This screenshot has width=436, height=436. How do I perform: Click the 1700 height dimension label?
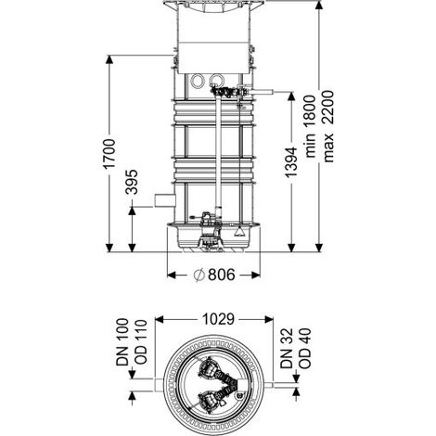[x=109, y=154]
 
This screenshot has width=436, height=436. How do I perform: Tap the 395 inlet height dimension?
[x=132, y=182]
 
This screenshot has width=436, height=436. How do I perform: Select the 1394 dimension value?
[x=291, y=162]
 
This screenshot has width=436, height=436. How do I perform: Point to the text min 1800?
[x=311, y=126]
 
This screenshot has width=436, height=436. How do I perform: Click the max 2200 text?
[x=328, y=126]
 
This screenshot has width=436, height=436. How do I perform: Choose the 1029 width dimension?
[x=218, y=319]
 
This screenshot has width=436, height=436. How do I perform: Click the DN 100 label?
[x=122, y=342]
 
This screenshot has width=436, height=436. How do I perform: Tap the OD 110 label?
[x=140, y=341]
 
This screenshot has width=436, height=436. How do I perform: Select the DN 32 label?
[x=287, y=348]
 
